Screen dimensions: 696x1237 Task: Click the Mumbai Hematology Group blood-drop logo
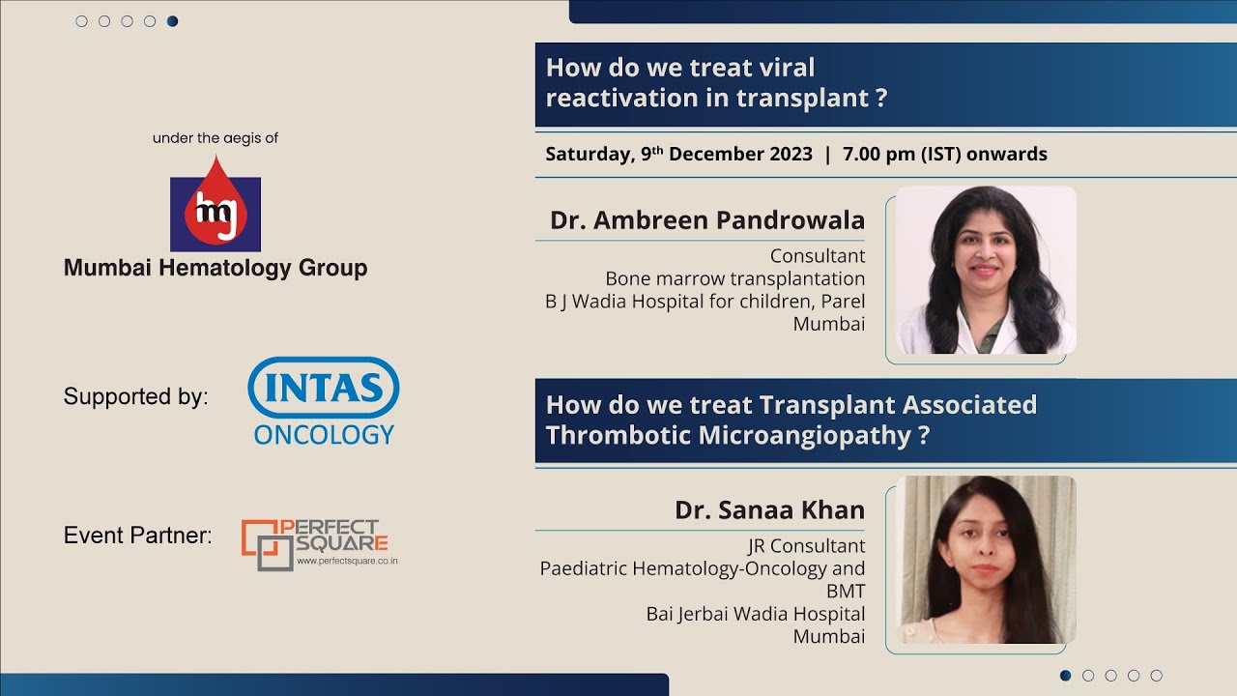(x=216, y=204)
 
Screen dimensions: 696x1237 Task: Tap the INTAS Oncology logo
(x=323, y=400)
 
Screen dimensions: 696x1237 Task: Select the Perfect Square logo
(x=319, y=544)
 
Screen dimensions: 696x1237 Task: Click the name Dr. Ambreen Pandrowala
(x=706, y=220)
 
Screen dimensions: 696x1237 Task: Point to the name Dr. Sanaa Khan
(x=769, y=509)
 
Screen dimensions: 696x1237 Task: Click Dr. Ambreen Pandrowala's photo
(x=985, y=270)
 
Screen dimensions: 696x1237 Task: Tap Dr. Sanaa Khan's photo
(x=985, y=560)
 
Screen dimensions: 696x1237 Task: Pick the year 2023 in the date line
(x=786, y=154)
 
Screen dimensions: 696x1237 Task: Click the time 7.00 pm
(x=879, y=154)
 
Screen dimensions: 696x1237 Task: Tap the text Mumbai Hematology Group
(x=216, y=268)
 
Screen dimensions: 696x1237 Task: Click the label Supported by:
(x=135, y=396)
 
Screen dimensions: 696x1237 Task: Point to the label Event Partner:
(x=137, y=535)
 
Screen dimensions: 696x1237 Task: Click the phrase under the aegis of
(x=216, y=138)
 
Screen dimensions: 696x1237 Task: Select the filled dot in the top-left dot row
(x=172, y=21)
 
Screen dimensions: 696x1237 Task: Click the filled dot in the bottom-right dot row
(x=1066, y=676)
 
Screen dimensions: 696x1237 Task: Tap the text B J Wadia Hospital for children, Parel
(x=705, y=302)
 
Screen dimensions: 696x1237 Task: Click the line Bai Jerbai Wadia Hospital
(x=755, y=614)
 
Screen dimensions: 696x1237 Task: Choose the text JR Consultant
(x=806, y=546)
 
